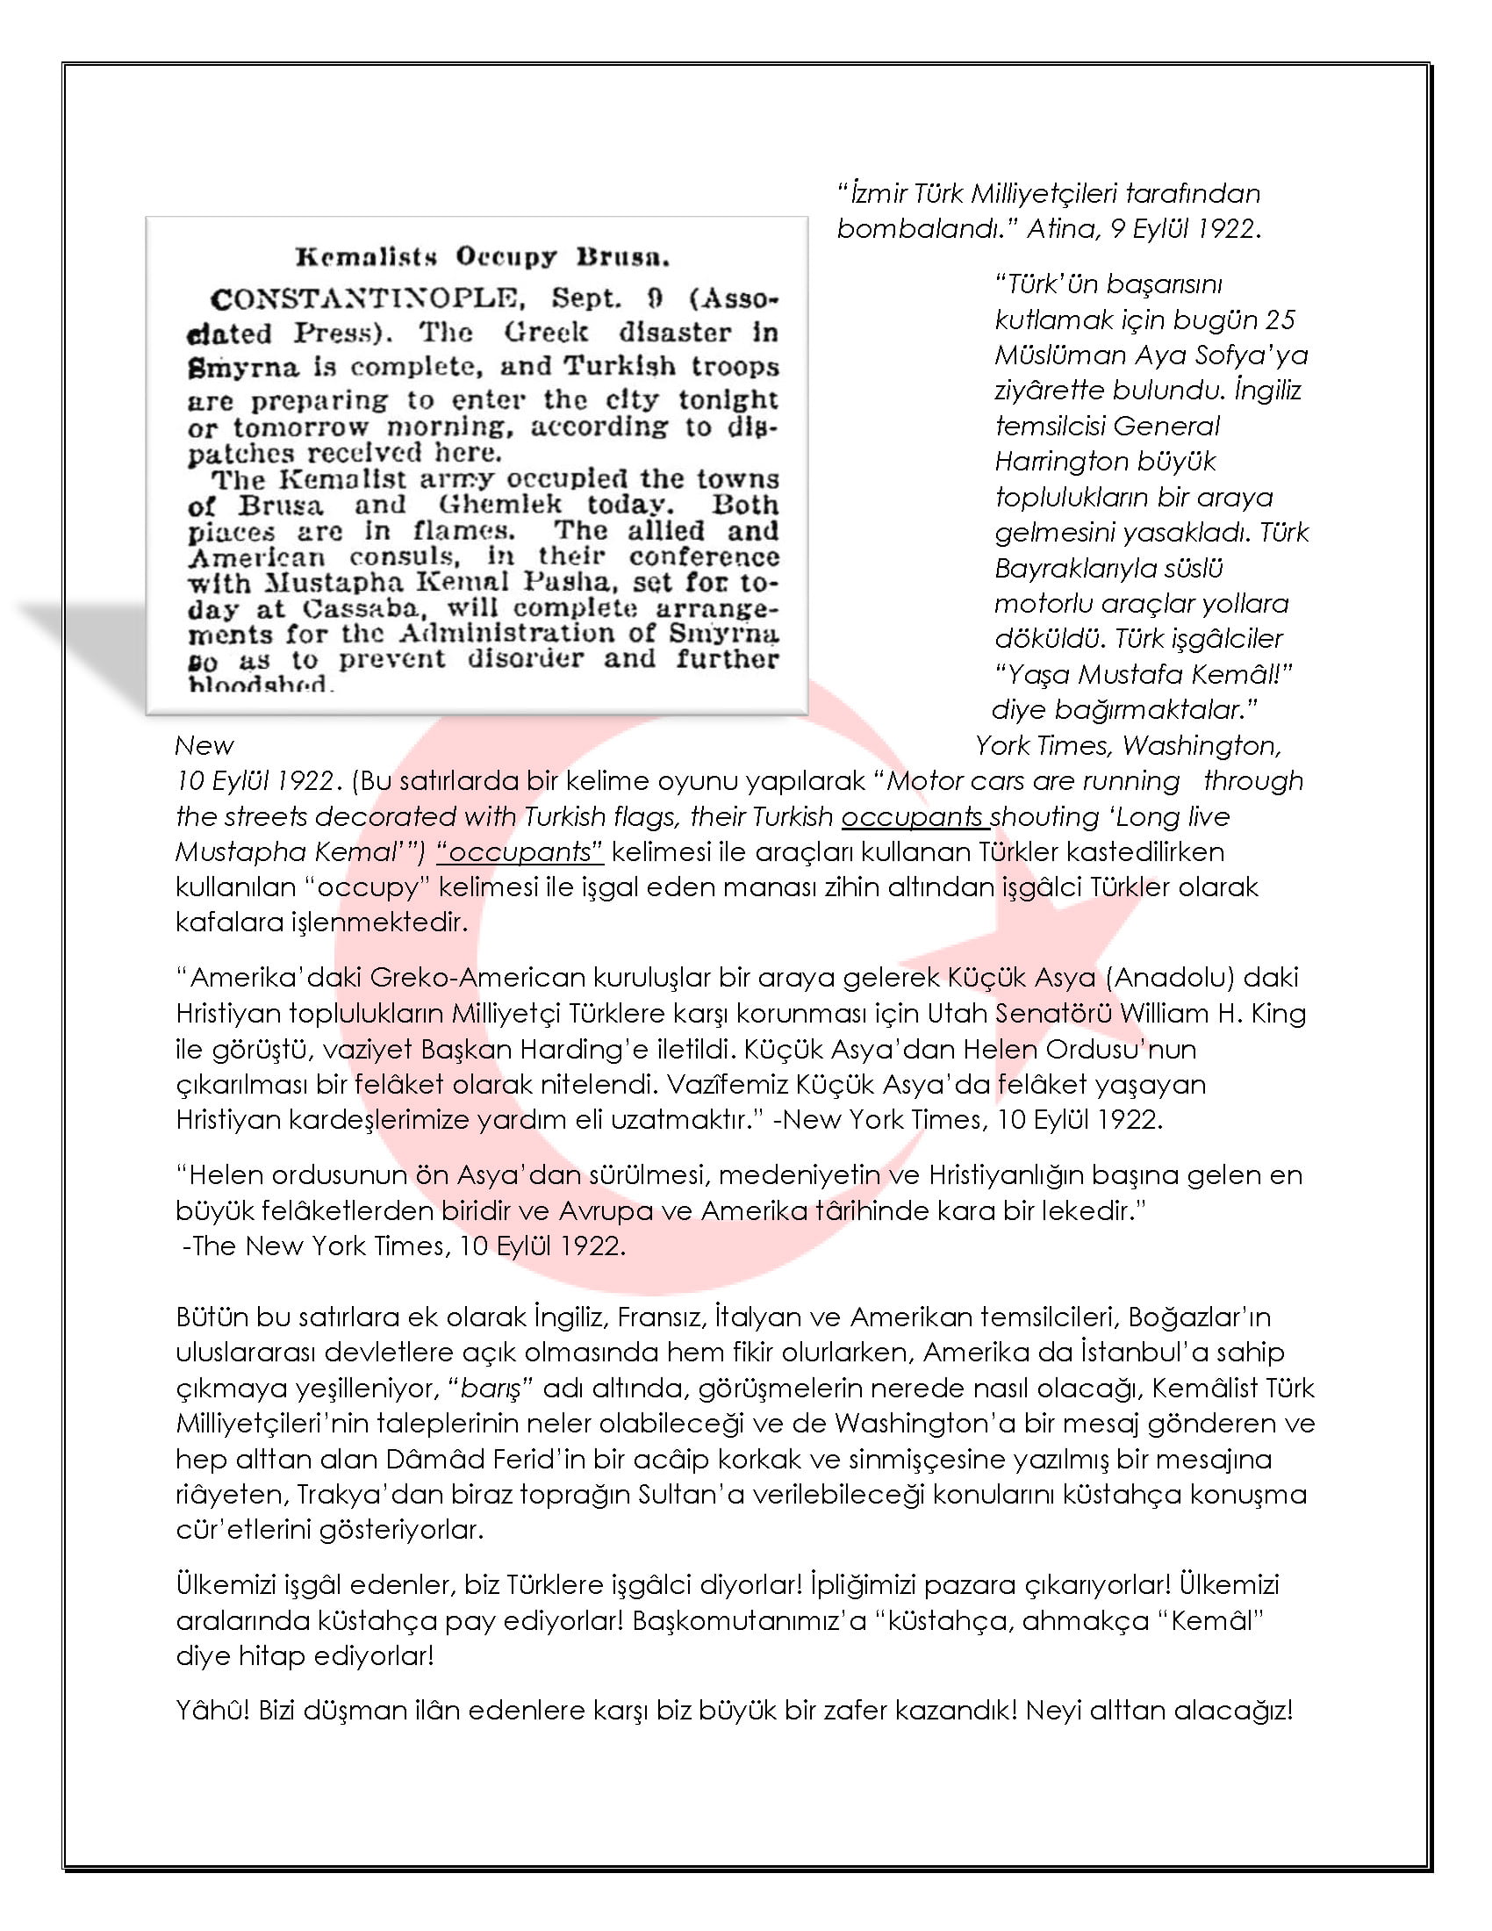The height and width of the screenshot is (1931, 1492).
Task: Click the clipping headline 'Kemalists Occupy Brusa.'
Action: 482,257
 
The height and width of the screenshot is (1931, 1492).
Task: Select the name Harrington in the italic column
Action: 1056,461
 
